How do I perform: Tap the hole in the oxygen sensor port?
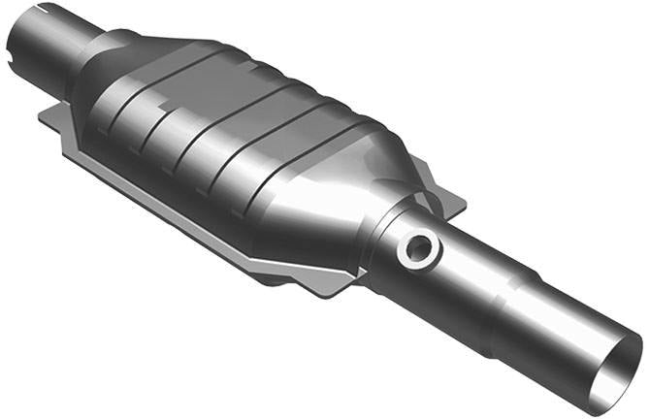(x=419, y=249)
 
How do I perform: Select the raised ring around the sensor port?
(x=406, y=253)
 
